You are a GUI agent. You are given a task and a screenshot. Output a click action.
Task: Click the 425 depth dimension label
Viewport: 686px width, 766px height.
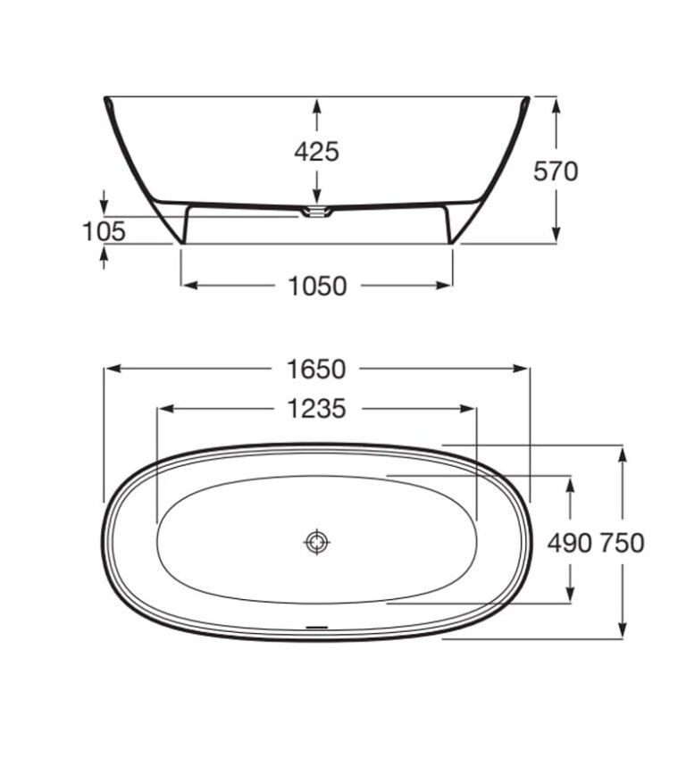click(316, 152)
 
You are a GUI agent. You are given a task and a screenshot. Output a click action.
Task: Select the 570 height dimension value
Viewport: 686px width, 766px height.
click(555, 171)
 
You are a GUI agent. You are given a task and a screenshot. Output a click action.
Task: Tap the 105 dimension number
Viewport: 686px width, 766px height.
click(104, 231)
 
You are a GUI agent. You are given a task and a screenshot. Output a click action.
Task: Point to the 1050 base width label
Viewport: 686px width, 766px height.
click(318, 286)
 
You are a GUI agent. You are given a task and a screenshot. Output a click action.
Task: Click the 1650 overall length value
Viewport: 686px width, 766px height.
click(316, 369)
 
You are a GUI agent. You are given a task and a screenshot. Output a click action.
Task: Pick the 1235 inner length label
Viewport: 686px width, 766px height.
click(316, 408)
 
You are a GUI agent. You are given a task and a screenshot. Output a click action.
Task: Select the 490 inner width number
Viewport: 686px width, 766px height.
click(569, 543)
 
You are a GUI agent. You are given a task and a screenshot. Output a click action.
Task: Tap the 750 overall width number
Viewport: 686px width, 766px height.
click(622, 543)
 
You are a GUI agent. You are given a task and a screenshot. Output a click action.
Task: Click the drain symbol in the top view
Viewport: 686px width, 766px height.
click(317, 542)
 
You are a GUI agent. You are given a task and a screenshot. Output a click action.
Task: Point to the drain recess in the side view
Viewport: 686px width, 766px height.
click(316, 212)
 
